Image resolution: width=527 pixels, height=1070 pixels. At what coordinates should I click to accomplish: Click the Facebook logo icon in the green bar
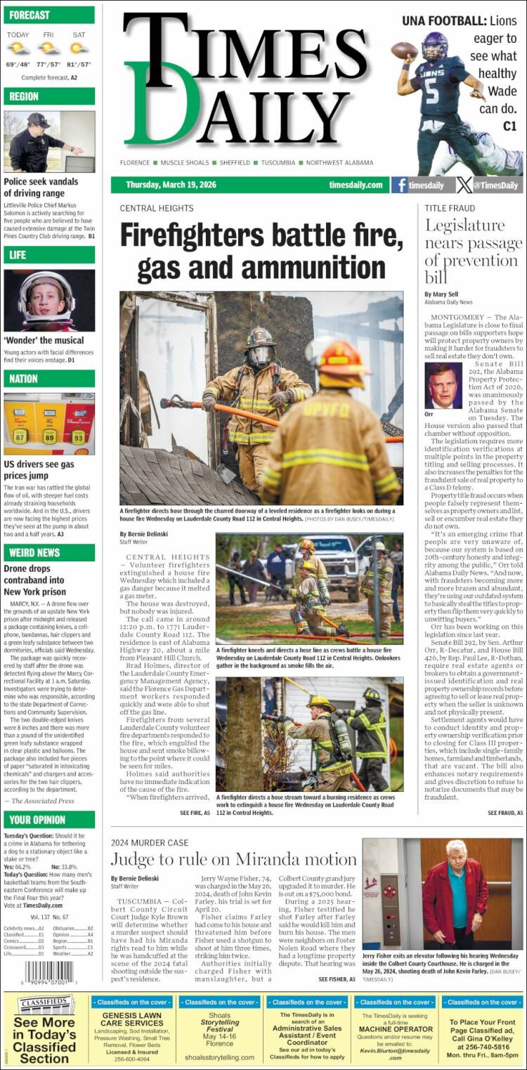[400, 185]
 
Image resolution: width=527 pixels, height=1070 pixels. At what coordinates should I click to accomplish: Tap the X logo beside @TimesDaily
[464, 185]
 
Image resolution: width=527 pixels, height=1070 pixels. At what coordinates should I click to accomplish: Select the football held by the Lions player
[404, 51]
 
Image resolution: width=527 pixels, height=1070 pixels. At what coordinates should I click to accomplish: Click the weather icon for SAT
[79, 48]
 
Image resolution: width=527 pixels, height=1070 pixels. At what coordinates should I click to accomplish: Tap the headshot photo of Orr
[443, 386]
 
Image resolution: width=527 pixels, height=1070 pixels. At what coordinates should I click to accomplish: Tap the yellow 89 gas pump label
[49, 436]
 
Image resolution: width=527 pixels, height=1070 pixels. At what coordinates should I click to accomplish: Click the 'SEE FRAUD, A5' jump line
[505, 813]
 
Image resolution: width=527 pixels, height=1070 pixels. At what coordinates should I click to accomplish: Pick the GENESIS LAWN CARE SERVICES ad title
[131, 1019]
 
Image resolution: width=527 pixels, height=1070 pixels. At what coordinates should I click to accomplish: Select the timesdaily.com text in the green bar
[356, 185]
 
